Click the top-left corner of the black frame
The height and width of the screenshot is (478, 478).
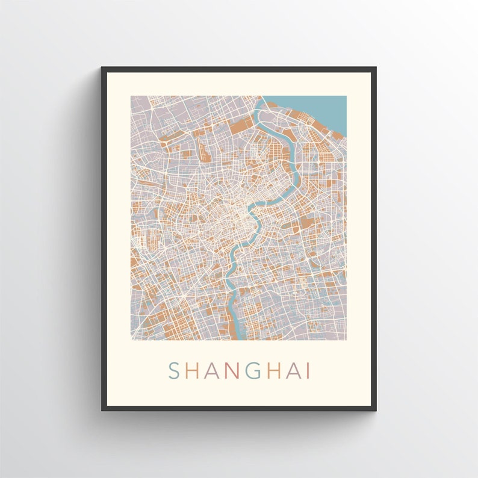point(102,67)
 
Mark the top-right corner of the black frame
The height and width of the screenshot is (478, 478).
point(376,67)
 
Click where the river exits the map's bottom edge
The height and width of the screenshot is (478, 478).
point(238,339)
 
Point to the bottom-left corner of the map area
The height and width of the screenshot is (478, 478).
point(131,340)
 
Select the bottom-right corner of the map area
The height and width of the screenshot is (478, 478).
point(346,340)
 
